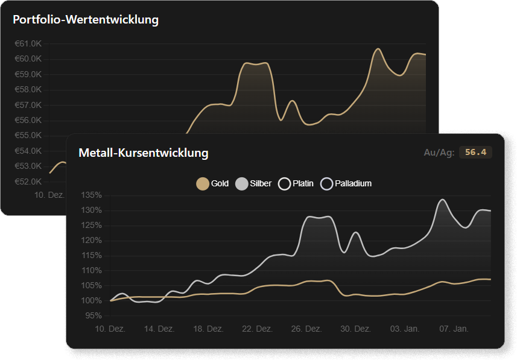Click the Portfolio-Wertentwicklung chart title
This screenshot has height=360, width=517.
point(86,20)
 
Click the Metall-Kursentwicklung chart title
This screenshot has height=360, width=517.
point(144,153)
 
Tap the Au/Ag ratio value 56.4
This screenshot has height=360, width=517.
point(475,153)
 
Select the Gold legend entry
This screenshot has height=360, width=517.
point(213,183)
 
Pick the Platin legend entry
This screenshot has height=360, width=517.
point(296,183)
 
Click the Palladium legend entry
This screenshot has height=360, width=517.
point(346,183)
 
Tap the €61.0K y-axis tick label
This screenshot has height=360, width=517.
point(28,43)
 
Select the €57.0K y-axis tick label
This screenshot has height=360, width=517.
point(28,105)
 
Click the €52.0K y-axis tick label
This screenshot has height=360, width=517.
point(28,182)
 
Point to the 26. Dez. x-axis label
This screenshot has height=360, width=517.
point(306,329)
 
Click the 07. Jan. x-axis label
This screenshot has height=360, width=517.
point(454,329)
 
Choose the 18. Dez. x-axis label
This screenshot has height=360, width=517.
point(208,329)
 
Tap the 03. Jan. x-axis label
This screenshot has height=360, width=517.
point(404,329)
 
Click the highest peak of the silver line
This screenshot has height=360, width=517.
point(442,199)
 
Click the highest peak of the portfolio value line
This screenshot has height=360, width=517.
point(378,49)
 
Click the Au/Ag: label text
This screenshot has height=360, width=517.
point(439,153)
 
